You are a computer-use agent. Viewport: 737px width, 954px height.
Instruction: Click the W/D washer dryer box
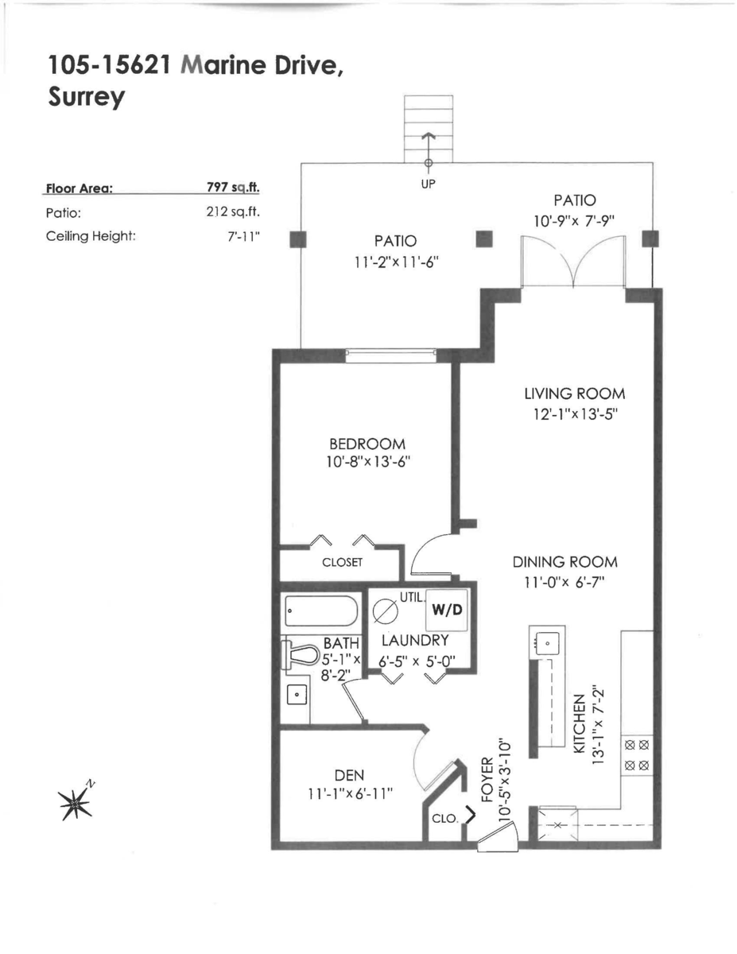pos(447,611)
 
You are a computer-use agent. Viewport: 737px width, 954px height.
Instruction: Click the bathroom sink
pos(298,694)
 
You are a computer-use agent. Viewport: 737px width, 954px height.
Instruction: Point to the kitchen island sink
pos(547,641)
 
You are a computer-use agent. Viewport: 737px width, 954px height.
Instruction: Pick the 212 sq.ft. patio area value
pos(234,212)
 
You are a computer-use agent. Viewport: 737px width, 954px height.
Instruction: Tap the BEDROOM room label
pos(367,444)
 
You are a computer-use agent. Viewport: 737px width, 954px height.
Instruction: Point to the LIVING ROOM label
pos(574,394)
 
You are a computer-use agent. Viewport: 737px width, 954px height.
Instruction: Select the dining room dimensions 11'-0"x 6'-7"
pos(564,582)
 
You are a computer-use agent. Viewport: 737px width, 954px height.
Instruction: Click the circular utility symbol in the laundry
pos(384,613)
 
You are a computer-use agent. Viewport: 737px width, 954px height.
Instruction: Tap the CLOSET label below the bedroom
pos(342,563)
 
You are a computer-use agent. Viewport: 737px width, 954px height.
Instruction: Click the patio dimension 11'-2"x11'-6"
pos(398,263)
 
